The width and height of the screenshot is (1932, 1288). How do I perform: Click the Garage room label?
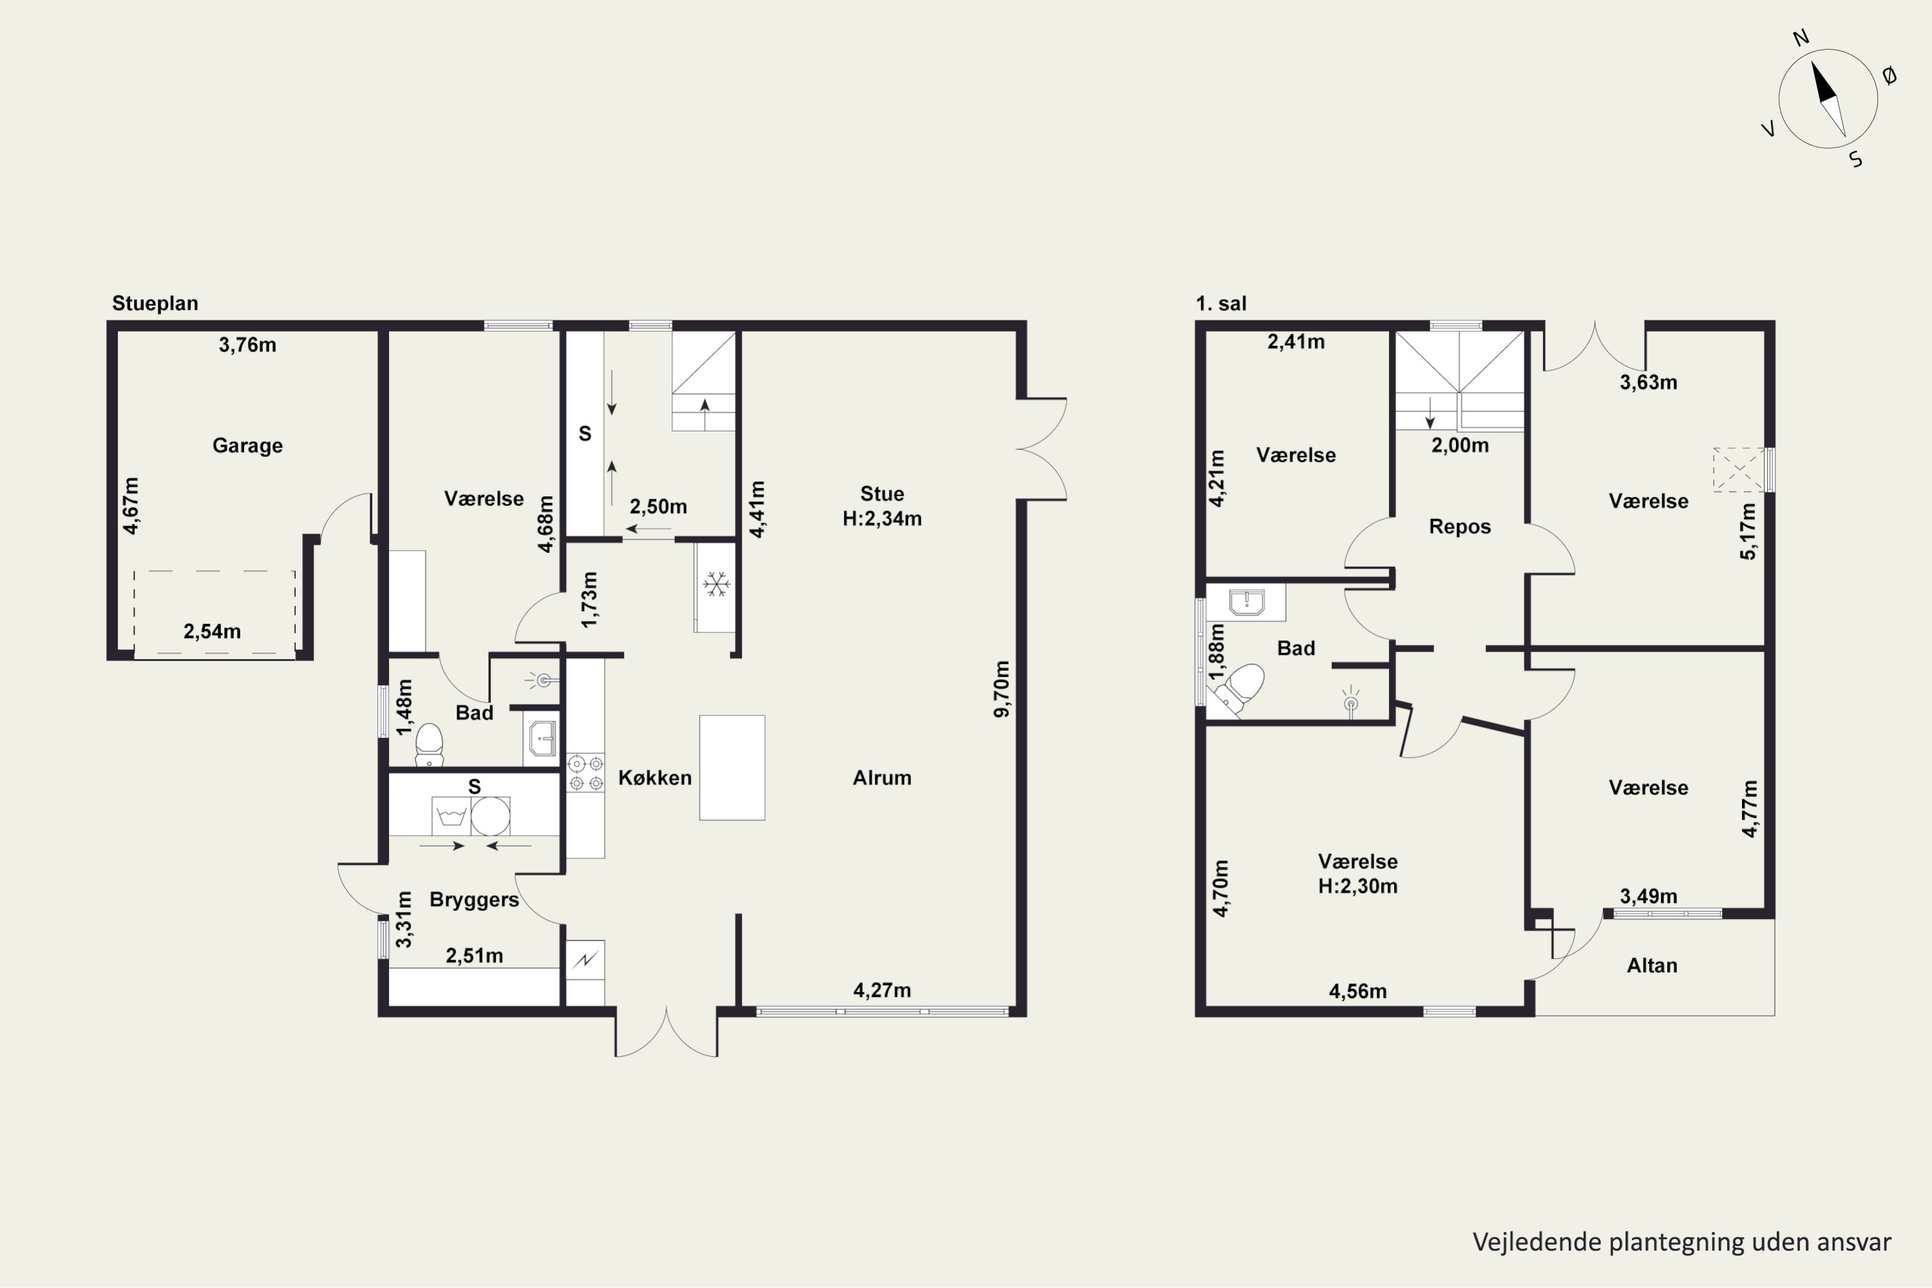[247, 445]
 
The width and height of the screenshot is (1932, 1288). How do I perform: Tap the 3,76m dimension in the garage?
[247, 345]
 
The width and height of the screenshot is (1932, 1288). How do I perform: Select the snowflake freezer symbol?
[716, 585]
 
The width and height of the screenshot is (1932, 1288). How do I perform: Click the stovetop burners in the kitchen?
[585, 773]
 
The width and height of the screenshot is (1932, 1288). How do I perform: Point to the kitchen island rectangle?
[732, 767]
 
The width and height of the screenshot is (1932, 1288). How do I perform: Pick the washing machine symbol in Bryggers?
[451, 816]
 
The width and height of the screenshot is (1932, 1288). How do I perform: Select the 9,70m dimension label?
[1001, 689]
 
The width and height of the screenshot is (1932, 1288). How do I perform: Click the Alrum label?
[882, 778]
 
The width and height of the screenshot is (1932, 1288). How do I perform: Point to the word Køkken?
[655, 778]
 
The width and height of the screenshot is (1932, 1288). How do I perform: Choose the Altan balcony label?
[1652, 965]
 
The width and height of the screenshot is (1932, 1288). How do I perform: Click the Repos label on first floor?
[1460, 527]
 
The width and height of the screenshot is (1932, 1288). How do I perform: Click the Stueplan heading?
[155, 303]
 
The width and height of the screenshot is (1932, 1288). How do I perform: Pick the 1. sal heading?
[1220, 303]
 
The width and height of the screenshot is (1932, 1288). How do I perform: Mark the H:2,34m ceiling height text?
[882, 519]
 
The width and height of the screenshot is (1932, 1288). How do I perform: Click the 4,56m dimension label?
[1358, 992]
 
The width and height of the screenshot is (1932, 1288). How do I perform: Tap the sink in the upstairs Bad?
[1246, 602]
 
